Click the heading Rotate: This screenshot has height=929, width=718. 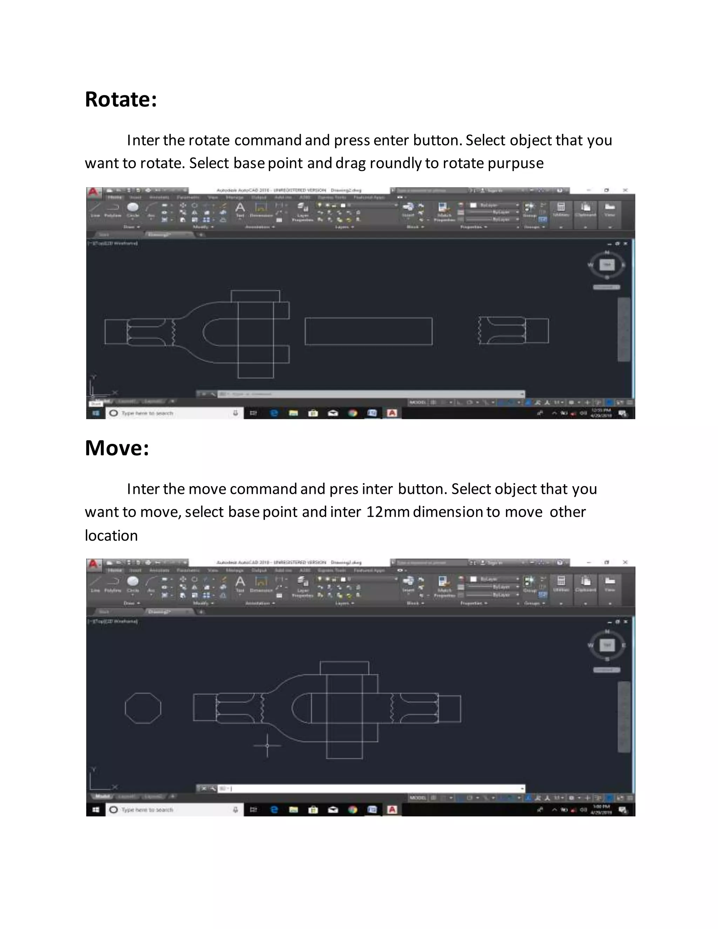pyautogui.click(x=121, y=100)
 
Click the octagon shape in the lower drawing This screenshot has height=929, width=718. pyautogui.click(x=143, y=708)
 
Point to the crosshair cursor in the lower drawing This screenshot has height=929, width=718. pyautogui.click(x=267, y=745)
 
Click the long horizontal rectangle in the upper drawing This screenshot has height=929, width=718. pyautogui.click(x=368, y=331)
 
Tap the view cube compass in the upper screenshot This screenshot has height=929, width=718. pyautogui.click(x=607, y=265)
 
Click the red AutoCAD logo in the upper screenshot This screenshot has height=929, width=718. pyautogui.click(x=93, y=192)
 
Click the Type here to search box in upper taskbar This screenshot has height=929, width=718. pyautogui.click(x=170, y=413)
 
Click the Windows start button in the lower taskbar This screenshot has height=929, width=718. pyautogui.click(x=96, y=809)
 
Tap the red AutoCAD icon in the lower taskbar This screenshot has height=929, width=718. pyautogui.click(x=392, y=809)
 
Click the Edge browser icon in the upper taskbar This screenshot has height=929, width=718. pyautogui.click(x=274, y=413)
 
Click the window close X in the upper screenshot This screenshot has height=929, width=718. pyautogui.click(x=625, y=190)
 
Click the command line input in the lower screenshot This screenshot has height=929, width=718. pyautogui.click(x=370, y=788)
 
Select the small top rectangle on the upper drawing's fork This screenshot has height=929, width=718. pyautogui.click(x=255, y=296)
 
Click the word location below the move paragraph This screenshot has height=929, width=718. pyautogui.click(x=111, y=536)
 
